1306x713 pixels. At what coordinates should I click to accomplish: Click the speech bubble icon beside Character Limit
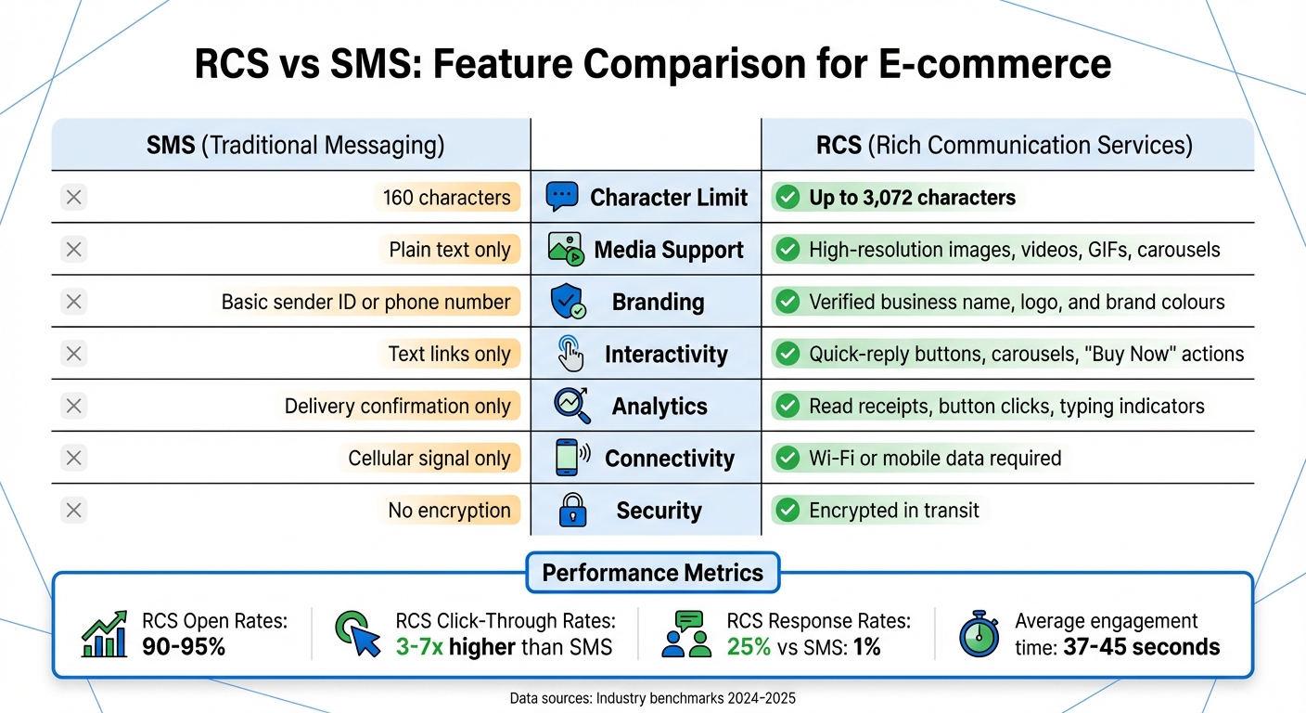click(562, 197)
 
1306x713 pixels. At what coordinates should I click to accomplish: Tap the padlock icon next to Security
click(571, 510)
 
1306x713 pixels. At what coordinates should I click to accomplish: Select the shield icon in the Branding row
click(567, 302)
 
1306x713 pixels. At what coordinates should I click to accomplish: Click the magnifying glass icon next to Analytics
click(570, 405)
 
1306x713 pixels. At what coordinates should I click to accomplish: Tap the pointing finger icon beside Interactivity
click(570, 354)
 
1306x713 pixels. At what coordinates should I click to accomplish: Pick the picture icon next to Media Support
click(565, 249)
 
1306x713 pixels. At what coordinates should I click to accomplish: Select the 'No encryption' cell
click(449, 510)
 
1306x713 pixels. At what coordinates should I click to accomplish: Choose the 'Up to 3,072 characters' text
click(912, 197)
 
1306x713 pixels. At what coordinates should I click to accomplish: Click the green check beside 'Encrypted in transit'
click(787, 510)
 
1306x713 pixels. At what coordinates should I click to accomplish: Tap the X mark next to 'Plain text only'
click(74, 249)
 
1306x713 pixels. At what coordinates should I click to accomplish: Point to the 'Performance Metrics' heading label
click(652, 572)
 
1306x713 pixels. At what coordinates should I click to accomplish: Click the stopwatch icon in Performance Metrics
click(979, 634)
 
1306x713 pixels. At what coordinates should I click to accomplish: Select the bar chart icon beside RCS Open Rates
click(105, 634)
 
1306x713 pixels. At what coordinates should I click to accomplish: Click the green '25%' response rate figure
click(749, 647)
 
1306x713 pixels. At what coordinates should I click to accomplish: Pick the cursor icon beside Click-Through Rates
click(358, 634)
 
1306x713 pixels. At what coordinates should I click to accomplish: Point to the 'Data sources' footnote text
click(653, 698)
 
